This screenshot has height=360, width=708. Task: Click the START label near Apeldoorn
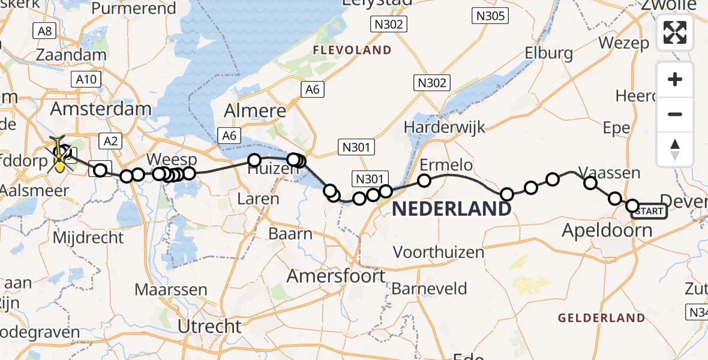649,211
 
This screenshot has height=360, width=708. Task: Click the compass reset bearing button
675,149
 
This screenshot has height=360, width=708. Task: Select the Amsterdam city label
101,109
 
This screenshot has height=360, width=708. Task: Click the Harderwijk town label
445,127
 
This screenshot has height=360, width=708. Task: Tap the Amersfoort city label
336,276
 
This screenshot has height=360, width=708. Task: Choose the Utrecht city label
210,326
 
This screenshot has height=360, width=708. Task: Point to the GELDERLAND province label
602,317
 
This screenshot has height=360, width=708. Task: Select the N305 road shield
490,16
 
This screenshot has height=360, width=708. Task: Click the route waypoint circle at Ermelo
424,180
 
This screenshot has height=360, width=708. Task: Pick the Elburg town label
549,53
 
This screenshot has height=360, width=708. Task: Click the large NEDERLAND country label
452,209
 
